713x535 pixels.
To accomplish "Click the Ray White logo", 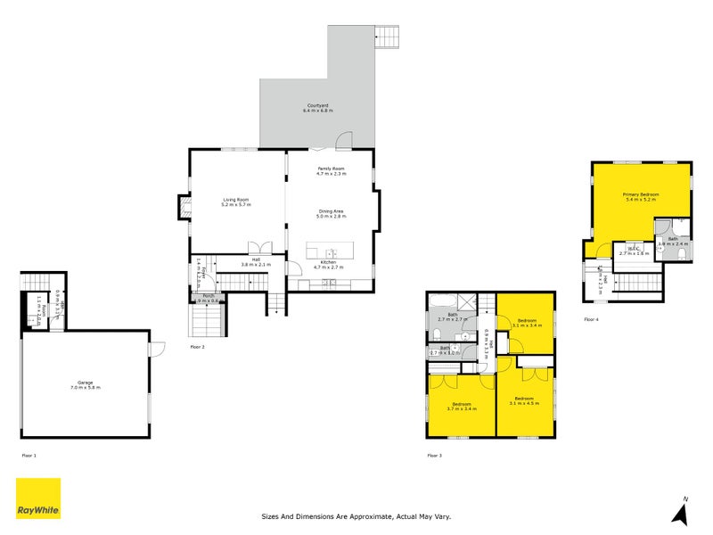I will coord(38,498).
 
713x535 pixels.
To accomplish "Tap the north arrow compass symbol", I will coord(682,512).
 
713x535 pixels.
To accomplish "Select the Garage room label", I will coord(86,385).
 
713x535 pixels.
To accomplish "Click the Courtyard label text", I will coord(317,108).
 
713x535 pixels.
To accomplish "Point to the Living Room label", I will coord(236,202).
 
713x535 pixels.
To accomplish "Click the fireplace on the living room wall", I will coord(185,208).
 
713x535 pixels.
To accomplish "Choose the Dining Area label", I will coord(331,213).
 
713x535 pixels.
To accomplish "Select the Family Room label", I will coord(331,170).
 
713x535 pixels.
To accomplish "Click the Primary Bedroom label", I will coord(641,196).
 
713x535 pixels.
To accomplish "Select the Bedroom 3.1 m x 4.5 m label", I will coord(523,400).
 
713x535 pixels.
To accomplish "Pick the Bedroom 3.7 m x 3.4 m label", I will coord(461,407).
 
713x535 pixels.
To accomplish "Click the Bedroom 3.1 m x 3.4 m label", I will coord(527,323).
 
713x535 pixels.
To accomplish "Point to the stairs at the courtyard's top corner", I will coord(389,37).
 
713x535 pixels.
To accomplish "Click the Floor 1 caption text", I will coord(29,455).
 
